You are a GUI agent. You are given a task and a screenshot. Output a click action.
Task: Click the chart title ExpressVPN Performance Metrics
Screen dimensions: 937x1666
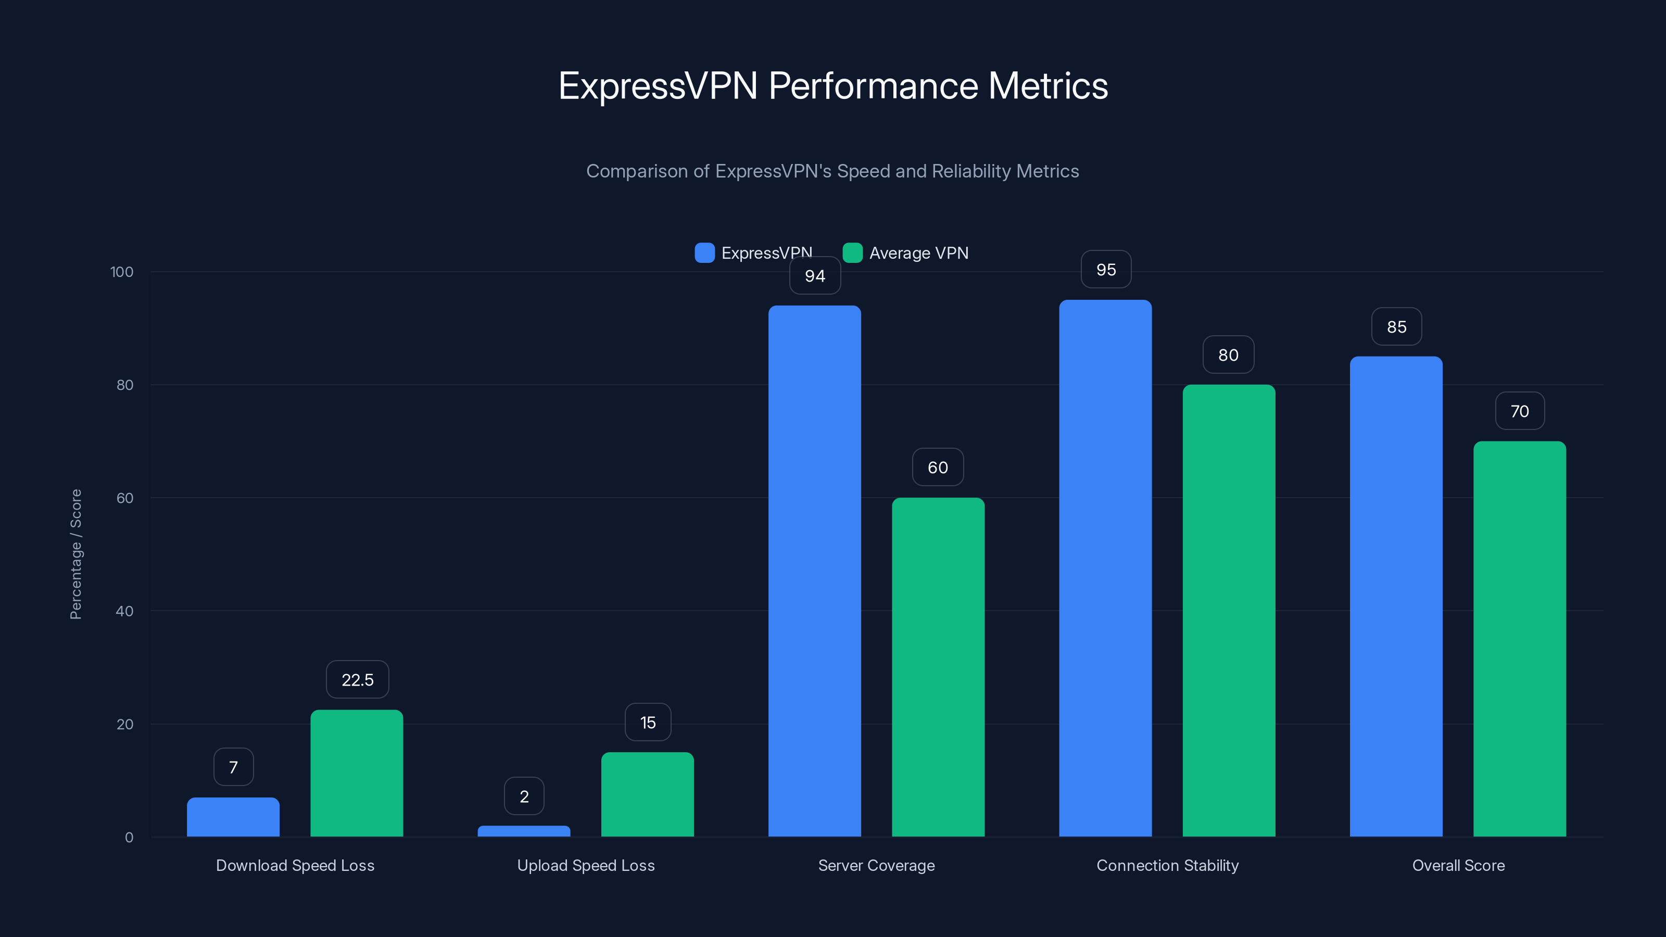tap(832, 86)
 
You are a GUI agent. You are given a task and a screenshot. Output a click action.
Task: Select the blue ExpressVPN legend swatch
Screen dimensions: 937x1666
tap(704, 253)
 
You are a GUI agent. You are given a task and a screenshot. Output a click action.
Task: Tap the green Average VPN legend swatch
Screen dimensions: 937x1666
tap(852, 253)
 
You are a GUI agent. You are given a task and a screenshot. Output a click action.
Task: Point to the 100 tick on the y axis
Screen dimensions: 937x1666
tap(122, 272)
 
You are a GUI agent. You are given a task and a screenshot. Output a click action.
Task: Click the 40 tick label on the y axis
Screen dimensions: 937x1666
tap(124, 611)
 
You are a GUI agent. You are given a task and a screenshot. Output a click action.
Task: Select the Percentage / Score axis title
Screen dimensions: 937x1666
tap(75, 554)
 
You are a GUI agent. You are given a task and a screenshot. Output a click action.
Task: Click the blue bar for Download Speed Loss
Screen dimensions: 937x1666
tap(233, 817)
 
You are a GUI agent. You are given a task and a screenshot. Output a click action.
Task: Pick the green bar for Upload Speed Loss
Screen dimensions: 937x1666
tap(647, 795)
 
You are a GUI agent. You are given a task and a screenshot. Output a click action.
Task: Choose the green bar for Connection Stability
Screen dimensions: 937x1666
tap(1229, 611)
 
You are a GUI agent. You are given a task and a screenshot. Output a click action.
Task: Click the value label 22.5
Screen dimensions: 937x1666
tap(357, 680)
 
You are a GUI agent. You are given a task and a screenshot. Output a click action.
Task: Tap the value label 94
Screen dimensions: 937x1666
tap(815, 276)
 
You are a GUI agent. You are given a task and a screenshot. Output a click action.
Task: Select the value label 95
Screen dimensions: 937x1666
tap(1106, 270)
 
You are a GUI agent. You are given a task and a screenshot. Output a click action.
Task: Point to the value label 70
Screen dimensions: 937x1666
tap(1519, 411)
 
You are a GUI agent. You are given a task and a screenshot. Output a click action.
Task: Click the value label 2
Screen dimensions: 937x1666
tap(524, 796)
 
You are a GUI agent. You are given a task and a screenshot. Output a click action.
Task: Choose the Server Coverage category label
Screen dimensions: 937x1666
tap(876, 865)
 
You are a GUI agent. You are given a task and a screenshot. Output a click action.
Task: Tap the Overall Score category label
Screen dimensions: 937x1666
tap(1458, 865)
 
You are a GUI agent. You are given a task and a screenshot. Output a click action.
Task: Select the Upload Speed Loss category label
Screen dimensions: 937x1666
tap(585, 865)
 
